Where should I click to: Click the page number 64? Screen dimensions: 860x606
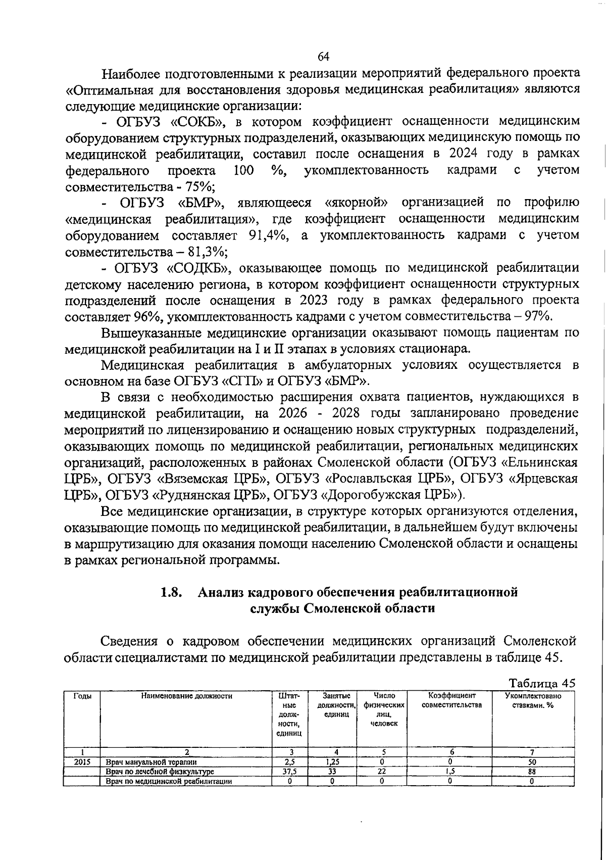pyautogui.click(x=324, y=56)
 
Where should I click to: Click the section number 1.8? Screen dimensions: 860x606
pyautogui.click(x=171, y=592)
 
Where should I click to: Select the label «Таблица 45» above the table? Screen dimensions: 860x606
pyautogui.click(x=542, y=684)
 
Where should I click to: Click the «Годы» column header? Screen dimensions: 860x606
pyautogui.click(x=82, y=696)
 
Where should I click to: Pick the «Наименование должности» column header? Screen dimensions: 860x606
pyautogui.click(x=187, y=696)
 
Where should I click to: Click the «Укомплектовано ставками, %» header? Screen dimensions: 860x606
pyautogui.click(x=533, y=700)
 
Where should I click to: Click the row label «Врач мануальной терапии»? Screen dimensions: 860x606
pyautogui.click(x=151, y=762)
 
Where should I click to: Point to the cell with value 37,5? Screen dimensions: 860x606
pyautogui.click(x=290, y=772)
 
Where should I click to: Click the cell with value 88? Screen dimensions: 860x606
pyautogui.click(x=533, y=772)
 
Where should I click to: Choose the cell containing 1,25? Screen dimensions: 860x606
pyautogui.click(x=332, y=762)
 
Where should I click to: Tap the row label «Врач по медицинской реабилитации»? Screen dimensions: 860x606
pyautogui.click(x=169, y=781)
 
